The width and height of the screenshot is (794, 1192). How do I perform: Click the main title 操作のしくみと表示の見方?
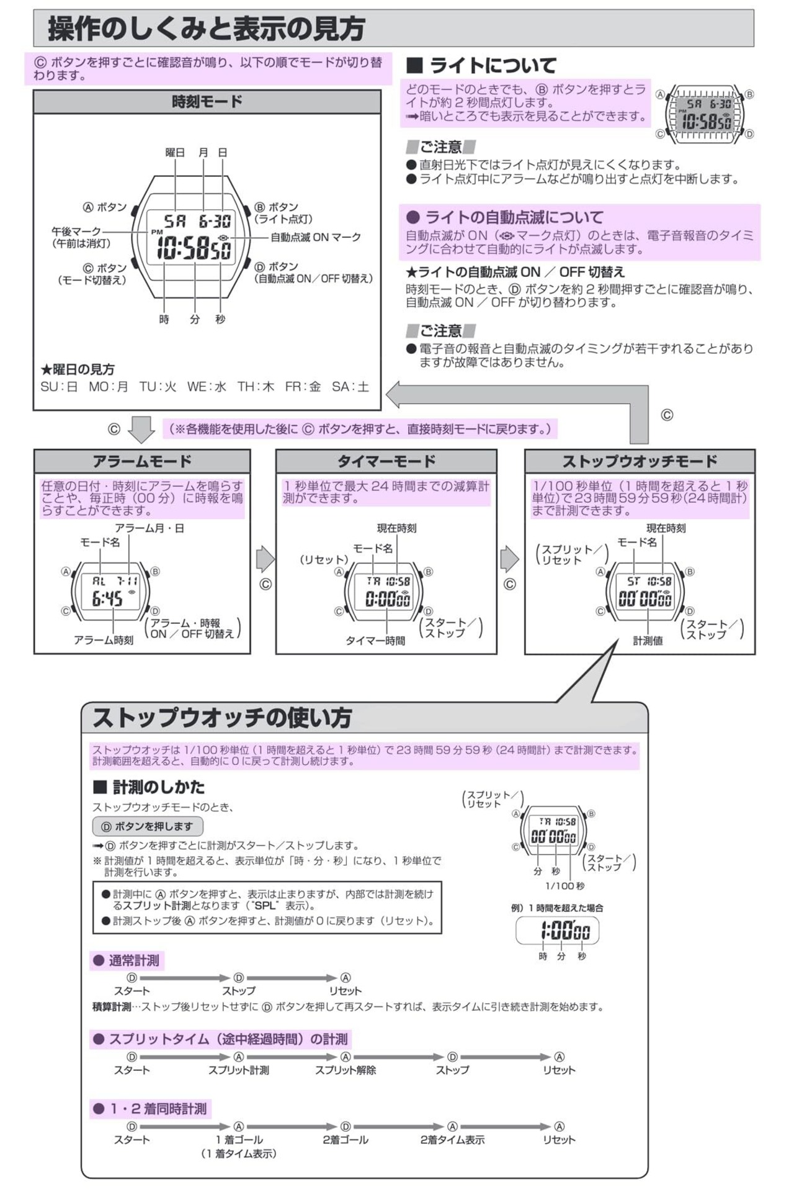[206, 29]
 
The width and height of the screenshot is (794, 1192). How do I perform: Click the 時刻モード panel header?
[207, 102]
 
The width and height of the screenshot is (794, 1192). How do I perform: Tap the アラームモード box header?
[142, 461]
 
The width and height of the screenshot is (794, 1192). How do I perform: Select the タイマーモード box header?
[386, 461]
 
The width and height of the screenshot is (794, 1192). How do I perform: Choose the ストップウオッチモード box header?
[640, 461]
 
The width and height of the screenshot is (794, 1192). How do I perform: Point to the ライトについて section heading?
[481, 65]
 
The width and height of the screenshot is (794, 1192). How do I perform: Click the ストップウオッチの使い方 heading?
[222, 718]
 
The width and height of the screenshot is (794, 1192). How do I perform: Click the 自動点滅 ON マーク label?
[315, 237]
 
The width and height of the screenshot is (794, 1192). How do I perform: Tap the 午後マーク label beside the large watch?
[76, 232]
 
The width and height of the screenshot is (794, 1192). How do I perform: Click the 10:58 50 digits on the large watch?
[194, 249]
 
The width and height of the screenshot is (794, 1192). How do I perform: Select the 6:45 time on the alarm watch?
[107, 598]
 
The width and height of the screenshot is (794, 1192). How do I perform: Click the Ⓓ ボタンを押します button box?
[148, 826]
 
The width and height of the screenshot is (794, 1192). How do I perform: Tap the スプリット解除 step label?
[345, 1070]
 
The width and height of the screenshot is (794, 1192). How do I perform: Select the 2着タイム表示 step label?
[452, 1140]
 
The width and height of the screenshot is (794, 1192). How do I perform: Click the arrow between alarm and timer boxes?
[265, 559]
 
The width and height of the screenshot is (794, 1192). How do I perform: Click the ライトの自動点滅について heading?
[504, 217]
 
